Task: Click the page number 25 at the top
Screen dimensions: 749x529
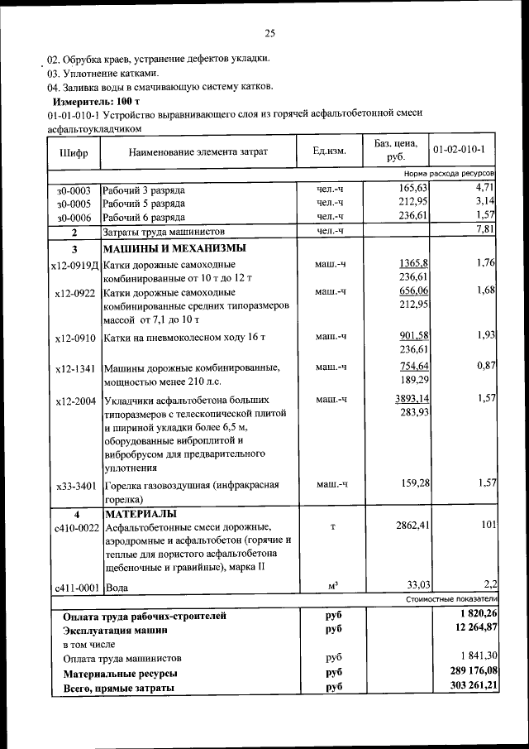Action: (269, 33)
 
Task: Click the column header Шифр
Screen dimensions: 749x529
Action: (74, 152)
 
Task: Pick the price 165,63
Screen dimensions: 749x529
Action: (411, 190)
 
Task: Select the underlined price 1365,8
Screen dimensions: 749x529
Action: (412, 262)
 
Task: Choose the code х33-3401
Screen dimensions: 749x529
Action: (75, 486)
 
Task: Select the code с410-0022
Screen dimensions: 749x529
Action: (75, 526)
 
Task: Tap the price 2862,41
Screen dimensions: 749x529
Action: (408, 525)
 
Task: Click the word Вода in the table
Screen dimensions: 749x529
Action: (116, 588)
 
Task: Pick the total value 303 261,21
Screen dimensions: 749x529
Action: (466, 687)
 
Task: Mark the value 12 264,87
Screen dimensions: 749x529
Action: (469, 629)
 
